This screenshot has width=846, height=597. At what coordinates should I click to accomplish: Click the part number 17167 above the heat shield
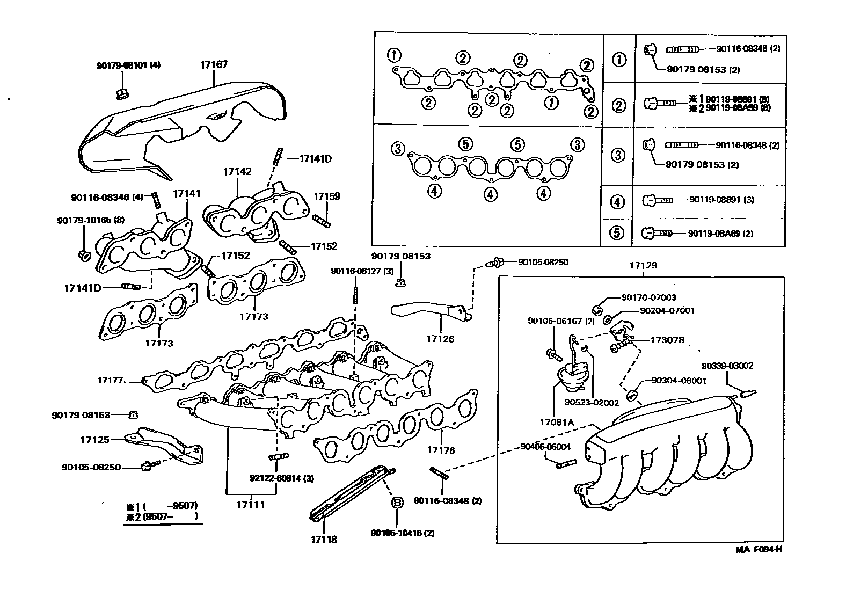[214, 64]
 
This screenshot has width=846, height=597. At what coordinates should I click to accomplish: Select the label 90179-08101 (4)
[128, 65]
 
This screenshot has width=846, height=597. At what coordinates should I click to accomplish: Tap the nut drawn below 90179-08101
[121, 94]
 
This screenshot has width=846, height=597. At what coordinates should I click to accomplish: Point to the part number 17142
[237, 171]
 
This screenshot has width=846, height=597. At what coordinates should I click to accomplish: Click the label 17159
[326, 196]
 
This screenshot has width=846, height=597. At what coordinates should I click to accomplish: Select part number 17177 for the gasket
[110, 380]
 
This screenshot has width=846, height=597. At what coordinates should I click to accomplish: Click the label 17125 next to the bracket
[94, 440]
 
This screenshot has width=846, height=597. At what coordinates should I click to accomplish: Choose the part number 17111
[251, 505]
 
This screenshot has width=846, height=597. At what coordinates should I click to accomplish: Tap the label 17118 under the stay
[324, 540]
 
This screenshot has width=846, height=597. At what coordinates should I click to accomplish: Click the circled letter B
[397, 503]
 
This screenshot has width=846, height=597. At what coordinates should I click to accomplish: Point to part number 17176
[441, 450]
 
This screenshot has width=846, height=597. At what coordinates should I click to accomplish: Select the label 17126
[440, 339]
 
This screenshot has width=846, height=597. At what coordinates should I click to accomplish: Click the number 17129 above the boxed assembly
[643, 265]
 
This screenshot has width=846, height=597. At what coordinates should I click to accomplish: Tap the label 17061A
[557, 422]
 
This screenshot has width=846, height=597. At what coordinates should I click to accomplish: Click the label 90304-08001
[679, 380]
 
